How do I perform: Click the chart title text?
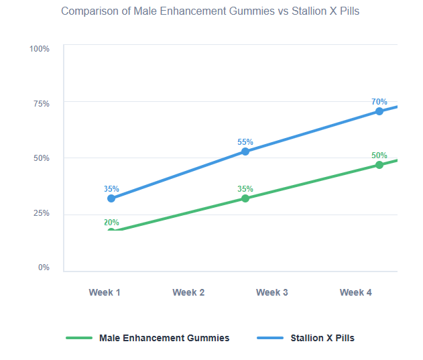click(210, 11)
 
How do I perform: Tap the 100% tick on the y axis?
click(40, 49)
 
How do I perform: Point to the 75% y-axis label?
click(41, 104)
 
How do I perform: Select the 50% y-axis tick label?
click(41, 158)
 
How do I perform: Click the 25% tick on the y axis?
click(41, 213)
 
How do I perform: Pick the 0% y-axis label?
click(43, 267)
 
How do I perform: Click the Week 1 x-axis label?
click(105, 292)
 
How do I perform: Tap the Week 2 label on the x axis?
click(188, 292)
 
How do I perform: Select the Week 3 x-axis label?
click(272, 292)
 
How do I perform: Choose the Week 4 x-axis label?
click(356, 292)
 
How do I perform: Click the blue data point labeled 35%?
click(111, 198)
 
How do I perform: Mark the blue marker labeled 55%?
click(245, 152)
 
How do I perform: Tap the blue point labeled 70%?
click(379, 111)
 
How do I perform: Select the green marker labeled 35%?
click(245, 198)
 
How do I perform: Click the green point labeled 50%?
click(379, 165)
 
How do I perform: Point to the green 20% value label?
click(111, 223)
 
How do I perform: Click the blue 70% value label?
click(379, 102)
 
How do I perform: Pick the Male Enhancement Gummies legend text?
click(164, 338)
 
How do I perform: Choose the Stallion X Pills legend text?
click(322, 338)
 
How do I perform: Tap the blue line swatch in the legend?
click(271, 338)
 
